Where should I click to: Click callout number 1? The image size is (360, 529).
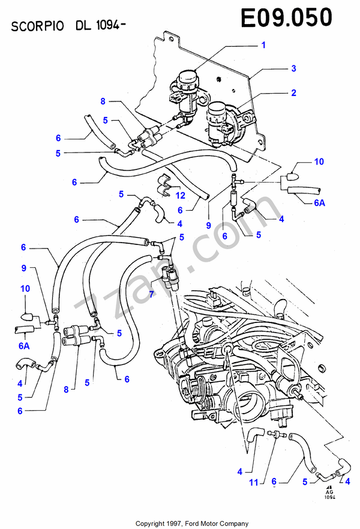[x=263, y=45]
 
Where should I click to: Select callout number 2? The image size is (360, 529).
[x=293, y=93]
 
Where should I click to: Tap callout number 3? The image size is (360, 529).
[x=293, y=68]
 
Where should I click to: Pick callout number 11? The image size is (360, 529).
[x=254, y=482]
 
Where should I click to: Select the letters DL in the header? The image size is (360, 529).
[x=84, y=26]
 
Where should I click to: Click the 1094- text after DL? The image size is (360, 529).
[x=113, y=26]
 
